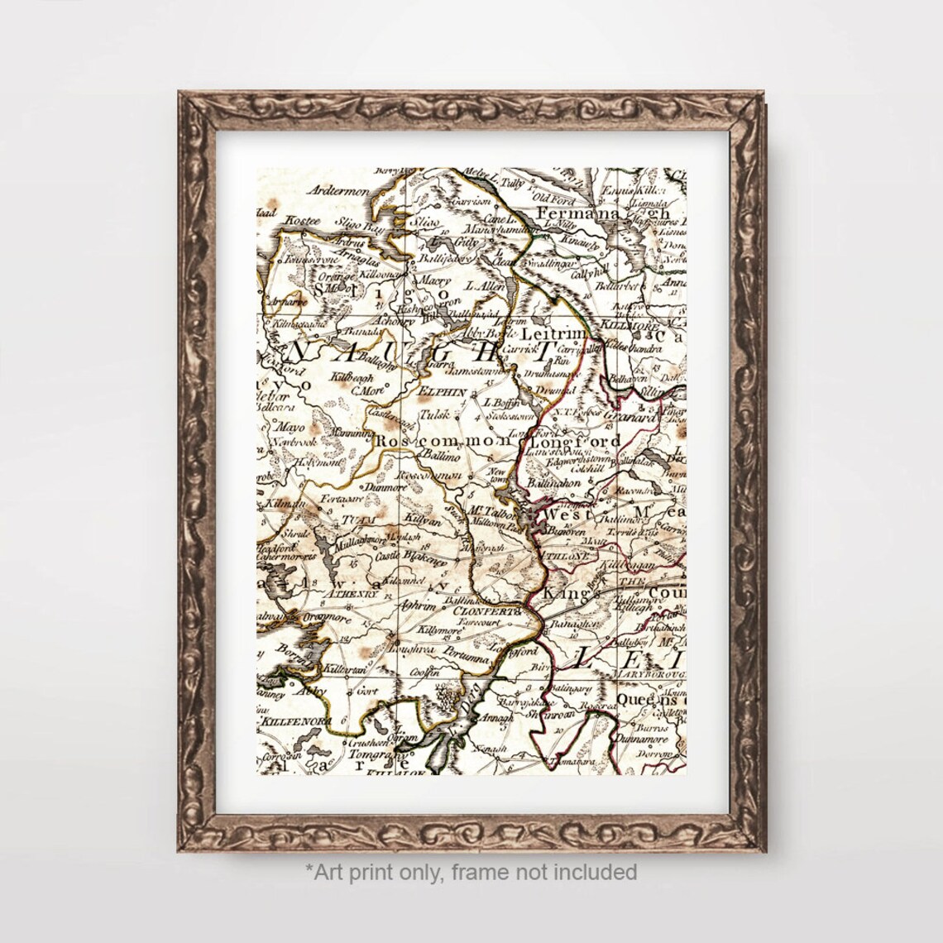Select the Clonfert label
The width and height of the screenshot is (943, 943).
click(487, 611)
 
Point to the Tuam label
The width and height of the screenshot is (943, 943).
click(352, 521)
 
